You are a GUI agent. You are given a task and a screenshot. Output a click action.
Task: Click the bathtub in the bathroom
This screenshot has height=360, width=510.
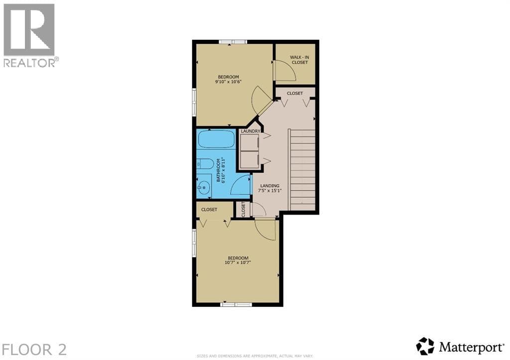217,139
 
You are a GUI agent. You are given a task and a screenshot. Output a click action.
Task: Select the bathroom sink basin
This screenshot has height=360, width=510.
204,188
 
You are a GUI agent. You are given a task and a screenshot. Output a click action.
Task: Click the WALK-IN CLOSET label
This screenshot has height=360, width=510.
299,60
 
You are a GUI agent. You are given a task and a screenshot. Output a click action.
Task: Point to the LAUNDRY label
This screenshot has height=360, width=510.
251,131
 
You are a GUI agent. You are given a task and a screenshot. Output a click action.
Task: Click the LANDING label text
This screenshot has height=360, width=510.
270,186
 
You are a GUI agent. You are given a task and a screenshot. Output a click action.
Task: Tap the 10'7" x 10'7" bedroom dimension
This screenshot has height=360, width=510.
238,262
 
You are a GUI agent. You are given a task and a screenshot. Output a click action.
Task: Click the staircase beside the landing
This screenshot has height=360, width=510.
302,170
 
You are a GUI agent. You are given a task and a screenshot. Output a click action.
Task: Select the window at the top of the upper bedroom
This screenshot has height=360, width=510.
233,42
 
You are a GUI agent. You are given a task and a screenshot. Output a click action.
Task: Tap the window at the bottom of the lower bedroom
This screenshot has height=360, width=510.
236,305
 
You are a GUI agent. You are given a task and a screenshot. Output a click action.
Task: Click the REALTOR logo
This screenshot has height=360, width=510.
30,35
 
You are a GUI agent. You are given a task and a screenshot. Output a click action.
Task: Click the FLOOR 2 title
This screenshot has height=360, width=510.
34,350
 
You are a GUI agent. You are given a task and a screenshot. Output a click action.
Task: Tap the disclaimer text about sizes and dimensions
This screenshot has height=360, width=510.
255,356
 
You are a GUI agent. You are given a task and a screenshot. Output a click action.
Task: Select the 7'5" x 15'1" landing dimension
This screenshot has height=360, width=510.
270,191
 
